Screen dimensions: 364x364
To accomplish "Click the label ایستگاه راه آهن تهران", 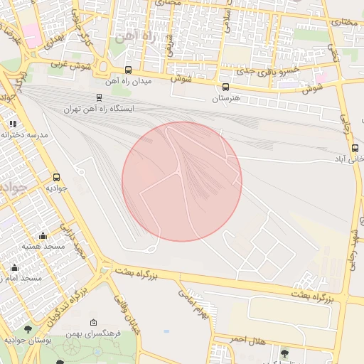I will [x=99, y=109].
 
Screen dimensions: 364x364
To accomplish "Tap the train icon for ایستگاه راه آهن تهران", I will [x=99, y=97].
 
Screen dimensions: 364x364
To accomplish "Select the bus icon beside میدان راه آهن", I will [x=128, y=70].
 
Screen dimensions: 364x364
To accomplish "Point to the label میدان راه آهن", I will [x=129, y=82].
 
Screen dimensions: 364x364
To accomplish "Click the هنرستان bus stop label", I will [x=227, y=99].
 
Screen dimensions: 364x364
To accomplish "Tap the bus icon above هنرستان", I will [x=225, y=87].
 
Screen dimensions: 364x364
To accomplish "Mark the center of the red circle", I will [x=182, y=181].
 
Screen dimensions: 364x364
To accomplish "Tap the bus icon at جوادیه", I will [x=56, y=177].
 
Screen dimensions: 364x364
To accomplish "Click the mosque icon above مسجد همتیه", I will [x=43, y=235].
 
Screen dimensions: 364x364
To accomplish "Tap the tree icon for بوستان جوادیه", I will [x=28, y=329].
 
